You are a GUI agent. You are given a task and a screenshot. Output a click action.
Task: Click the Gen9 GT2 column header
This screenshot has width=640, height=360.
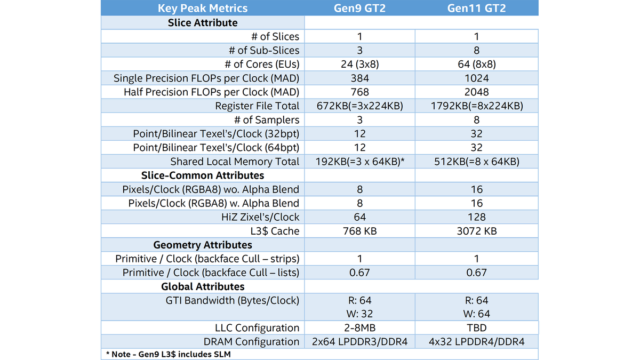tap(359, 8)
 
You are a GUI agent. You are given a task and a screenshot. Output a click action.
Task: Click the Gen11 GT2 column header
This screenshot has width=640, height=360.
tap(476, 8)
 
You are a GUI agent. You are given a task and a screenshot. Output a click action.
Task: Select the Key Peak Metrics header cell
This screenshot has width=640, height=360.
tap(203, 8)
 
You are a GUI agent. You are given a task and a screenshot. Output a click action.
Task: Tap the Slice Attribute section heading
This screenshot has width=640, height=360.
tap(203, 22)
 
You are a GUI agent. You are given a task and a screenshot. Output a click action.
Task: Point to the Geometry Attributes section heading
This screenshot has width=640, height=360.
tap(203, 245)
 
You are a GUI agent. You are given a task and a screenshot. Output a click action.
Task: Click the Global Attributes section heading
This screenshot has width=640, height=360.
tap(203, 286)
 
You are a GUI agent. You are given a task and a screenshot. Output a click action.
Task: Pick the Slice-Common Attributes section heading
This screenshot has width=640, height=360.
tap(203, 175)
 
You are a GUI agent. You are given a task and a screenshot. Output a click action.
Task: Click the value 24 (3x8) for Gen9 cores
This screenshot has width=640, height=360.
tap(359, 65)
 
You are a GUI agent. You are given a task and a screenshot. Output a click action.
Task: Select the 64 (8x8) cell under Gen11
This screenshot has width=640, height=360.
tap(476, 65)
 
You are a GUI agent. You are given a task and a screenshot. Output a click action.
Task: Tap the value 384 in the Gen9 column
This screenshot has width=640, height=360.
tap(359, 78)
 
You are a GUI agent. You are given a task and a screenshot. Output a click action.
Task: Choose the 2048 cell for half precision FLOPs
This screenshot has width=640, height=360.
tap(476, 92)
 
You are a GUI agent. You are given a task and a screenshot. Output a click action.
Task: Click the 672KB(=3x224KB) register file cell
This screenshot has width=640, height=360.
tap(359, 106)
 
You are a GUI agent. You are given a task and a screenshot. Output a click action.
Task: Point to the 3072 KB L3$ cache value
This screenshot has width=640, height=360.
tap(476, 231)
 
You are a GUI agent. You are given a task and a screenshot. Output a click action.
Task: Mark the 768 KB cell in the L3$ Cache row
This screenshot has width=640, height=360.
tap(359, 231)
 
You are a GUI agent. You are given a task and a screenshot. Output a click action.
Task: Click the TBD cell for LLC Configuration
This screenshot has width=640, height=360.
tap(476, 328)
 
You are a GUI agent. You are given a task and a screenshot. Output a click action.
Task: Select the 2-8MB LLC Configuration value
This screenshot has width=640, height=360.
tap(359, 328)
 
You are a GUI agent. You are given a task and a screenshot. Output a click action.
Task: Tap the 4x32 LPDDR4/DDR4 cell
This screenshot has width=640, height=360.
tap(476, 342)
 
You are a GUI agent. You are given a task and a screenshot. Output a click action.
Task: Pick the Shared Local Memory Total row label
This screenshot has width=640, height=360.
tap(235, 162)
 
